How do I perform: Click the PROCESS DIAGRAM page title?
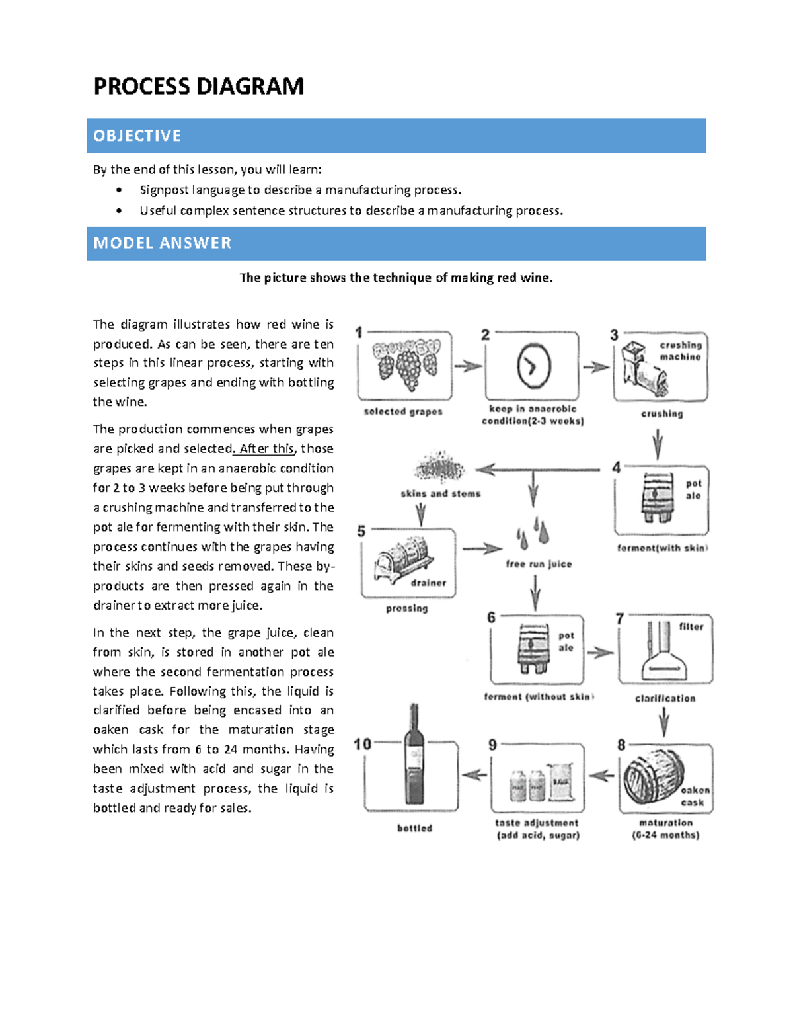198,87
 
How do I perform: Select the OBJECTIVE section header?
137,136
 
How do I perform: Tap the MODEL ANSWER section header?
162,243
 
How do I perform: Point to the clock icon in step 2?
533,365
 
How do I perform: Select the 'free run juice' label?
539,564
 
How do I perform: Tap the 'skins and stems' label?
440,493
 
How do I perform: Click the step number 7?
620,619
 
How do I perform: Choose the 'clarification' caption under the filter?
665,698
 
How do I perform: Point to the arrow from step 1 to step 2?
468,366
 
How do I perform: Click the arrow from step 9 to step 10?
474,774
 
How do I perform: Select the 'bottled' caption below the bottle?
414,828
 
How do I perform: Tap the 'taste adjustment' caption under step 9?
537,823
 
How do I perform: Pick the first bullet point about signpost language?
300,190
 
